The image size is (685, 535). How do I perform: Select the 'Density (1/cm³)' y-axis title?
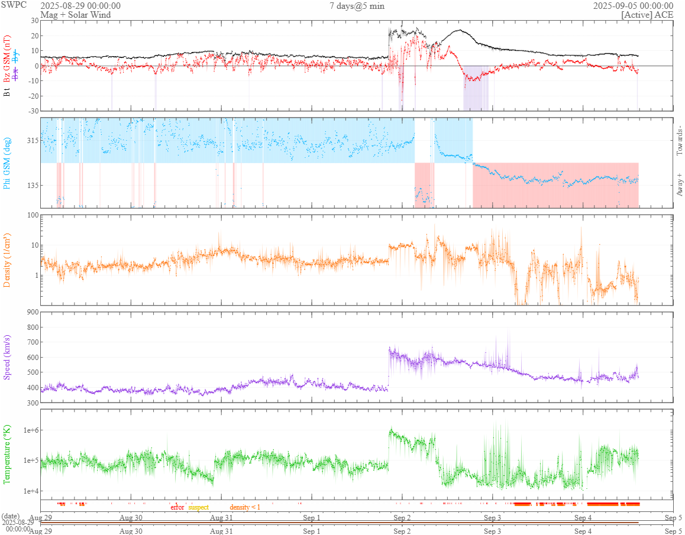coord(8,259)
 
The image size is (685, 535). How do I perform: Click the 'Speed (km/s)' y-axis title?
coord(8,357)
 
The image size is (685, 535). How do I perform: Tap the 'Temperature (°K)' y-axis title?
coord(8,454)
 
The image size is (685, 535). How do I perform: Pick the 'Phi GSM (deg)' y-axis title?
coord(8,162)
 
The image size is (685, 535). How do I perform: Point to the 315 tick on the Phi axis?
coord(31,141)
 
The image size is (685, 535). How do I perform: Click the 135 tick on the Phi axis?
coord(31,185)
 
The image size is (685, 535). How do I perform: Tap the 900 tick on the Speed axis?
coord(31,312)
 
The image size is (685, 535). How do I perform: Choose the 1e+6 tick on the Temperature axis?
coord(28,430)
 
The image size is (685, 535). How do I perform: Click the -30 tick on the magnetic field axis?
coord(31,111)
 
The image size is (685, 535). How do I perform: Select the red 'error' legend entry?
coord(177,507)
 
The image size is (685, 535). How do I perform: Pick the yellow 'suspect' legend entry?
coord(198,507)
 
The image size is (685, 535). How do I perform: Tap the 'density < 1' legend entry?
coord(245,507)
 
